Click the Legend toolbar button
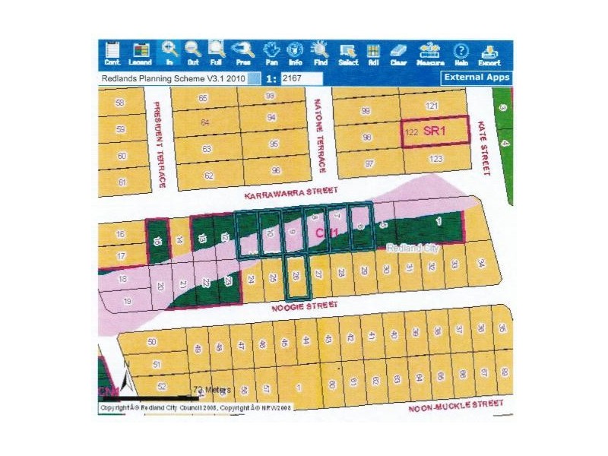[140, 52]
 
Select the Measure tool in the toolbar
[430, 52]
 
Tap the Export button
[489, 52]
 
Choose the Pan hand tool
[271, 52]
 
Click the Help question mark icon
[460, 52]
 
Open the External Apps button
[477, 78]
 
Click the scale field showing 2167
[302, 78]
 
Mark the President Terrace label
[160, 144]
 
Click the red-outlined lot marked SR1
[435, 132]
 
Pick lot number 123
[435, 159]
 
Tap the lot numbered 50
[151, 343]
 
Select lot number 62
[207, 176]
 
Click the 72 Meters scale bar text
[211, 389]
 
